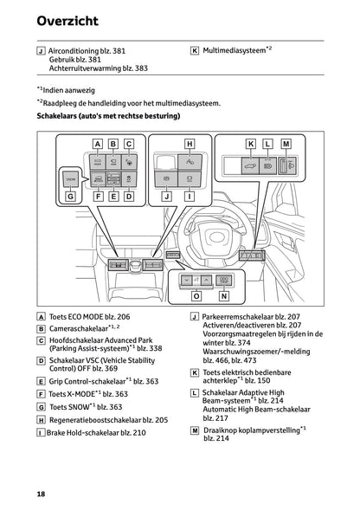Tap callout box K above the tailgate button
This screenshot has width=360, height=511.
[x=251, y=142]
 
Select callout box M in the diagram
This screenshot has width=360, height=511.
[x=286, y=142]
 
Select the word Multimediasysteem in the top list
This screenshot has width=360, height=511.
[x=233, y=50]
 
